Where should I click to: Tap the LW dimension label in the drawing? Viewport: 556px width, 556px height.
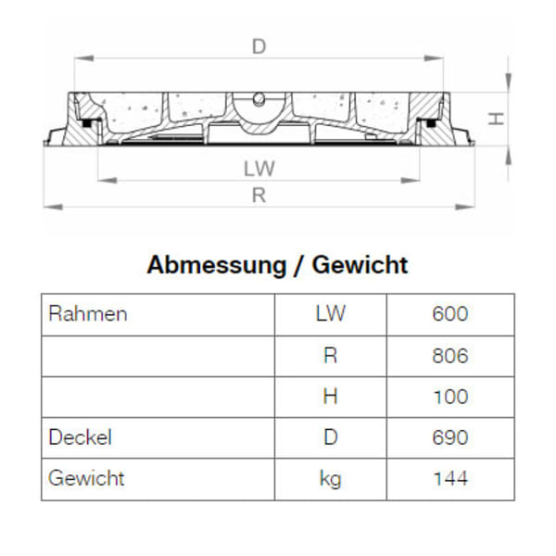pos(259,170)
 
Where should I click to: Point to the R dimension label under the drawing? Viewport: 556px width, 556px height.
pos(259,195)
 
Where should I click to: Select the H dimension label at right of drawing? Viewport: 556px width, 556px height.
pos(497,119)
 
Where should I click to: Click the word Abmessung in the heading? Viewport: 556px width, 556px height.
pos(216,265)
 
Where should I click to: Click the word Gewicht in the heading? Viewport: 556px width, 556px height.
pos(360,265)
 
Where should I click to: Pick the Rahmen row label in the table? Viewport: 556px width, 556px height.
pos(87,314)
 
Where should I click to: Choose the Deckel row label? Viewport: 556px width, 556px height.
pos(80,437)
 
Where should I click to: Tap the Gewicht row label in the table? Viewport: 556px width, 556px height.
pos(86,478)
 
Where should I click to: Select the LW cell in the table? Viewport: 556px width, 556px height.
pos(330,314)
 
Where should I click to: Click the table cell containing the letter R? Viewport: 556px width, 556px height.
pos(330,356)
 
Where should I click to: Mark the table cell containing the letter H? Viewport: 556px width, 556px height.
pos(330,397)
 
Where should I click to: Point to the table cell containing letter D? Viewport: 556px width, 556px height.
pos(330,437)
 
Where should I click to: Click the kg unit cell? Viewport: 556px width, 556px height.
pos(330,479)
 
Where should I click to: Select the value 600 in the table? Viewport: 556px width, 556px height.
pos(449,314)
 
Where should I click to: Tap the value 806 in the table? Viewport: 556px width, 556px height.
pos(449,356)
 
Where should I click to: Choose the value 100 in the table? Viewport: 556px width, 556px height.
pos(449,397)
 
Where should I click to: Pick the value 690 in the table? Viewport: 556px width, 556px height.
pos(449,437)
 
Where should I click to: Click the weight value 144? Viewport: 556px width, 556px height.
pos(449,479)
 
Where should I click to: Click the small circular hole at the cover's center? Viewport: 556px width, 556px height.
pos(259,97)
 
